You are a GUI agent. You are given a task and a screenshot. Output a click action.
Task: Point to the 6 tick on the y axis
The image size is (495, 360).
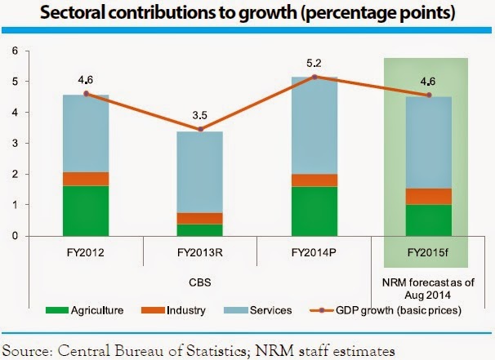14,51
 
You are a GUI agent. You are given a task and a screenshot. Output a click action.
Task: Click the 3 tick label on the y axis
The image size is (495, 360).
14,144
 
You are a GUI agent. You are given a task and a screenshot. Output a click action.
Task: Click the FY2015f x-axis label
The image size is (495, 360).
430,252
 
